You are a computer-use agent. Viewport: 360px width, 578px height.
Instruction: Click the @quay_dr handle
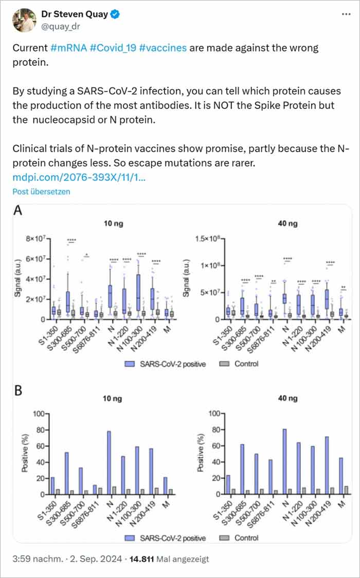click(x=61, y=26)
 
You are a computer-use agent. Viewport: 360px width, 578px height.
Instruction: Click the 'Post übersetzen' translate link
click(x=41, y=191)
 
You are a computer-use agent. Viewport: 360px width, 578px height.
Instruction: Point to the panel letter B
click(x=19, y=390)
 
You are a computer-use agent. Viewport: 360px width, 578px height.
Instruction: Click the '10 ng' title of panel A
click(x=113, y=224)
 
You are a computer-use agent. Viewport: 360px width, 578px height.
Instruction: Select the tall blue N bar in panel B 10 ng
click(x=109, y=463)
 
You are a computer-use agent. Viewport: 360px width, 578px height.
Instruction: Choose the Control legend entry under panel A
click(x=242, y=364)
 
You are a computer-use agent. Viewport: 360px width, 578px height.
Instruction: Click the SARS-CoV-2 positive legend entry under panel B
click(x=165, y=538)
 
